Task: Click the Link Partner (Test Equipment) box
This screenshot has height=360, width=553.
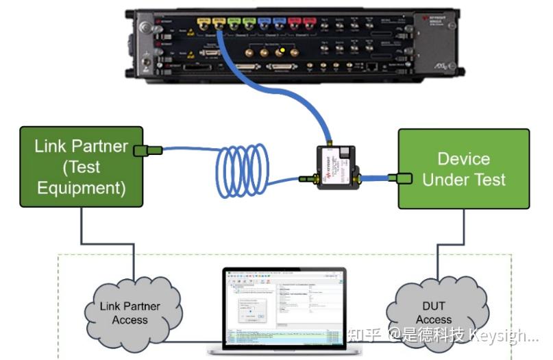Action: (x=82, y=166)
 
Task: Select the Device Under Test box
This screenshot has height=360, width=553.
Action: (x=464, y=169)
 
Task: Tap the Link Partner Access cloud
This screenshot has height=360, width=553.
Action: (x=130, y=312)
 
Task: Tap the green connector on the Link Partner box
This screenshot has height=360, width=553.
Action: (x=150, y=149)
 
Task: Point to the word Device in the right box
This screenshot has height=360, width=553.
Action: (x=464, y=158)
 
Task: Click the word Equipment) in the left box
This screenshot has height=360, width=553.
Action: (x=82, y=188)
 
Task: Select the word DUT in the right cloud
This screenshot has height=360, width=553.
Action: (x=433, y=306)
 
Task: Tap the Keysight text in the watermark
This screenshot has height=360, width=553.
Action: (x=511, y=335)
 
